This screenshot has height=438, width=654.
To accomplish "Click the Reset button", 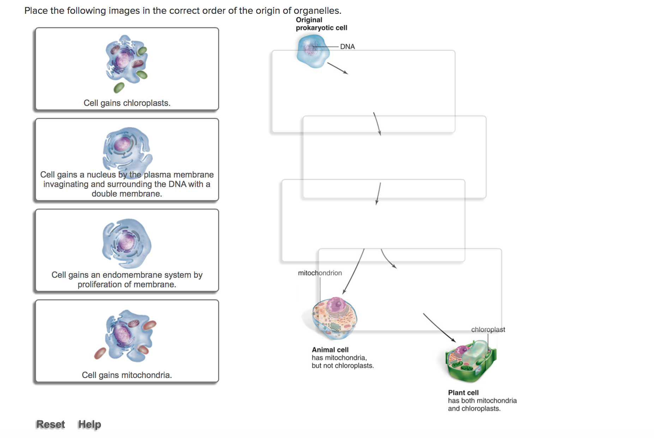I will pyautogui.click(x=50, y=424).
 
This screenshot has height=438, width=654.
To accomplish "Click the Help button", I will pyautogui.click(x=90, y=424).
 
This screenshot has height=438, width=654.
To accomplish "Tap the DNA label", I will pyautogui.click(x=347, y=47).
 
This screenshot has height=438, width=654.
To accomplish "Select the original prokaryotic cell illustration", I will pyautogui.click(x=313, y=51).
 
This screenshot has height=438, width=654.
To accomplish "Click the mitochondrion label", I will pyautogui.click(x=320, y=273).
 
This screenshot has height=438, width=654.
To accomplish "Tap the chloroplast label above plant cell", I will pyautogui.click(x=488, y=330).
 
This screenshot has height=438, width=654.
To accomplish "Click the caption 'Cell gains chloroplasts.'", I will pyautogui.click(x=127, y=103).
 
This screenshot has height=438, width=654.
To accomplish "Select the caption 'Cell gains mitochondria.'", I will pyautogui.click(x=127, y=375).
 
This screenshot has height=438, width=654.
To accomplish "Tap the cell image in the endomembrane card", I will pyautogui.click(x=126, y=243).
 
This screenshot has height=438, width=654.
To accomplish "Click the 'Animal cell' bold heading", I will pyautogui.click(x=330, y=350).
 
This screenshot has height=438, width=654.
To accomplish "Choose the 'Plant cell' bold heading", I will pyautogui.click(x=463, y=393).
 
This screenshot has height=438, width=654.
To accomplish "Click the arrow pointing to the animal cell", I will pyautogui.click(x=353, y=271).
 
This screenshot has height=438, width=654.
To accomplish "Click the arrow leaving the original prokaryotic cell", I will pyautogui.click(x=337, y=68).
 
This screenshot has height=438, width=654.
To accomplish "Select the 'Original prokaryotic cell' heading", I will pyautogui.click(x=321, y=24).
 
